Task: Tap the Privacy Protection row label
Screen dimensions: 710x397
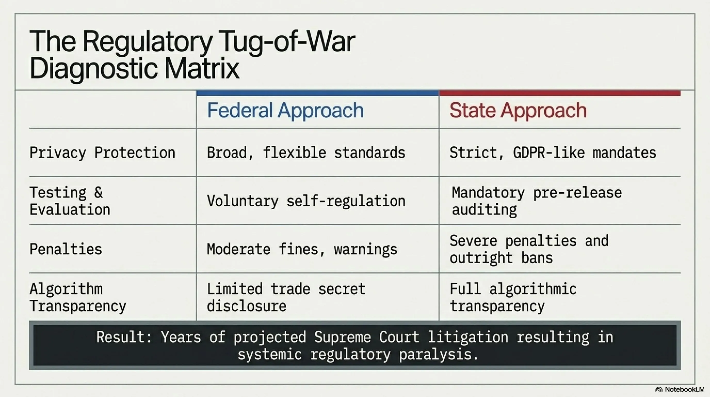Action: tap(102, 153)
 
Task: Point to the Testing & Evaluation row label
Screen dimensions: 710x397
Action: tap(70, 201)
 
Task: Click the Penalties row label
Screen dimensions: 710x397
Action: tap(66, 249)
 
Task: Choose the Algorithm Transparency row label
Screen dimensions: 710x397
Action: tap(78, 297)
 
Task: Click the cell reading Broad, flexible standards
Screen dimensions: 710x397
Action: tap(306, 153)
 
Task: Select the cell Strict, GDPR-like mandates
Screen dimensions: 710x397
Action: tap(553, 153)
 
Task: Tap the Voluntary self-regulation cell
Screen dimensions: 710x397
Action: tap(306, 201)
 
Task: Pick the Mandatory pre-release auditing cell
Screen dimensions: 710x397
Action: tap(537, 201)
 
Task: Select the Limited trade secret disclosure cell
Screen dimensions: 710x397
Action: tap(286, 297)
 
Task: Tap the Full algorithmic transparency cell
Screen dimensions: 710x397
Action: tap(513, 297)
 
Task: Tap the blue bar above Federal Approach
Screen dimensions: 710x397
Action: tap(318, 93)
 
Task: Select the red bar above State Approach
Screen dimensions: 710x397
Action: tap(560, 93)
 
